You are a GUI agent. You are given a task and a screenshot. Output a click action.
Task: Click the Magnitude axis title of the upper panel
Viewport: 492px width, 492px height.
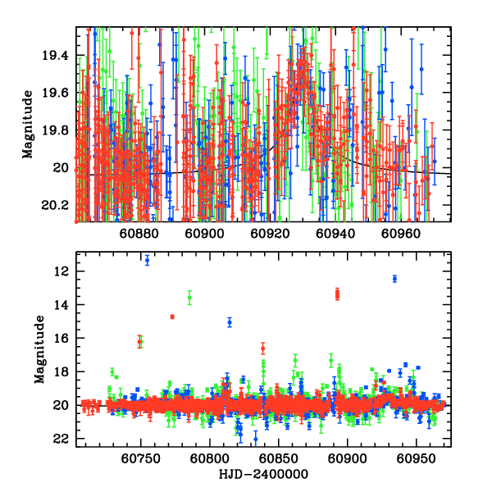(27, 125)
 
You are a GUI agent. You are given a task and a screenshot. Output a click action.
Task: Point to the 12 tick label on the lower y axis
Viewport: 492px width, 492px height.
(66, 271)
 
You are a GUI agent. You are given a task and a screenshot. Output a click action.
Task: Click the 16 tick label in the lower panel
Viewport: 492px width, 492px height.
(66, 338)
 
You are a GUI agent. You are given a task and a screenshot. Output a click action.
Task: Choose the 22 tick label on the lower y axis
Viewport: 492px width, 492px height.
(66, 439)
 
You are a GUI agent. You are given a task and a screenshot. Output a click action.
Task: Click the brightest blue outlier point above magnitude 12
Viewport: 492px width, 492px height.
(147, 261)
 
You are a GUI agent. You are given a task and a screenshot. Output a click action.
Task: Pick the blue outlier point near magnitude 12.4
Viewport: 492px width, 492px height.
(394, 279)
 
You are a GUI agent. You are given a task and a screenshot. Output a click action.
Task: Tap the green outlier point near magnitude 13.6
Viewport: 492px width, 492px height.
(189, 298)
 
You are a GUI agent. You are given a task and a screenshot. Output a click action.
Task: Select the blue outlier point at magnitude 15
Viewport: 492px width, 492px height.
(230, 322)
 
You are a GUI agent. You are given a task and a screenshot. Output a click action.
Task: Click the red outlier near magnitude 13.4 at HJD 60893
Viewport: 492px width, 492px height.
(337, 294)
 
